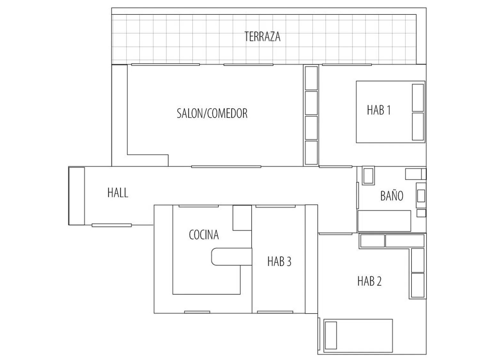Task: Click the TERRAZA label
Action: (262, 37)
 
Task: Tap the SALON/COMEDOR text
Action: (212, 114)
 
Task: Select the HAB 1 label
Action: (379, 110)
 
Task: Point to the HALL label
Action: (118, 193)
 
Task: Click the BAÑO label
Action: (392, 196)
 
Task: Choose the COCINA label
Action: (204, 235)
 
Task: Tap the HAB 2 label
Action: (369, 281)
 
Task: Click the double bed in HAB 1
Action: (391, 112)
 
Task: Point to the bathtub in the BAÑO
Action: (384, 221)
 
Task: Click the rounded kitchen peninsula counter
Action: (232, 257)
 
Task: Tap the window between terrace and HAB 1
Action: (347, 65)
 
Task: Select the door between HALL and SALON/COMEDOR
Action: (226, 167)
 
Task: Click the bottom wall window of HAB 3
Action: (275, 312)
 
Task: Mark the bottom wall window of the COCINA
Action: (197, 312)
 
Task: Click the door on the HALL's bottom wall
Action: (112, 225)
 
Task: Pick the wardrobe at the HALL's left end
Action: (76, 196)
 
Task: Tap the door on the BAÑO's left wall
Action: (357, 196)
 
